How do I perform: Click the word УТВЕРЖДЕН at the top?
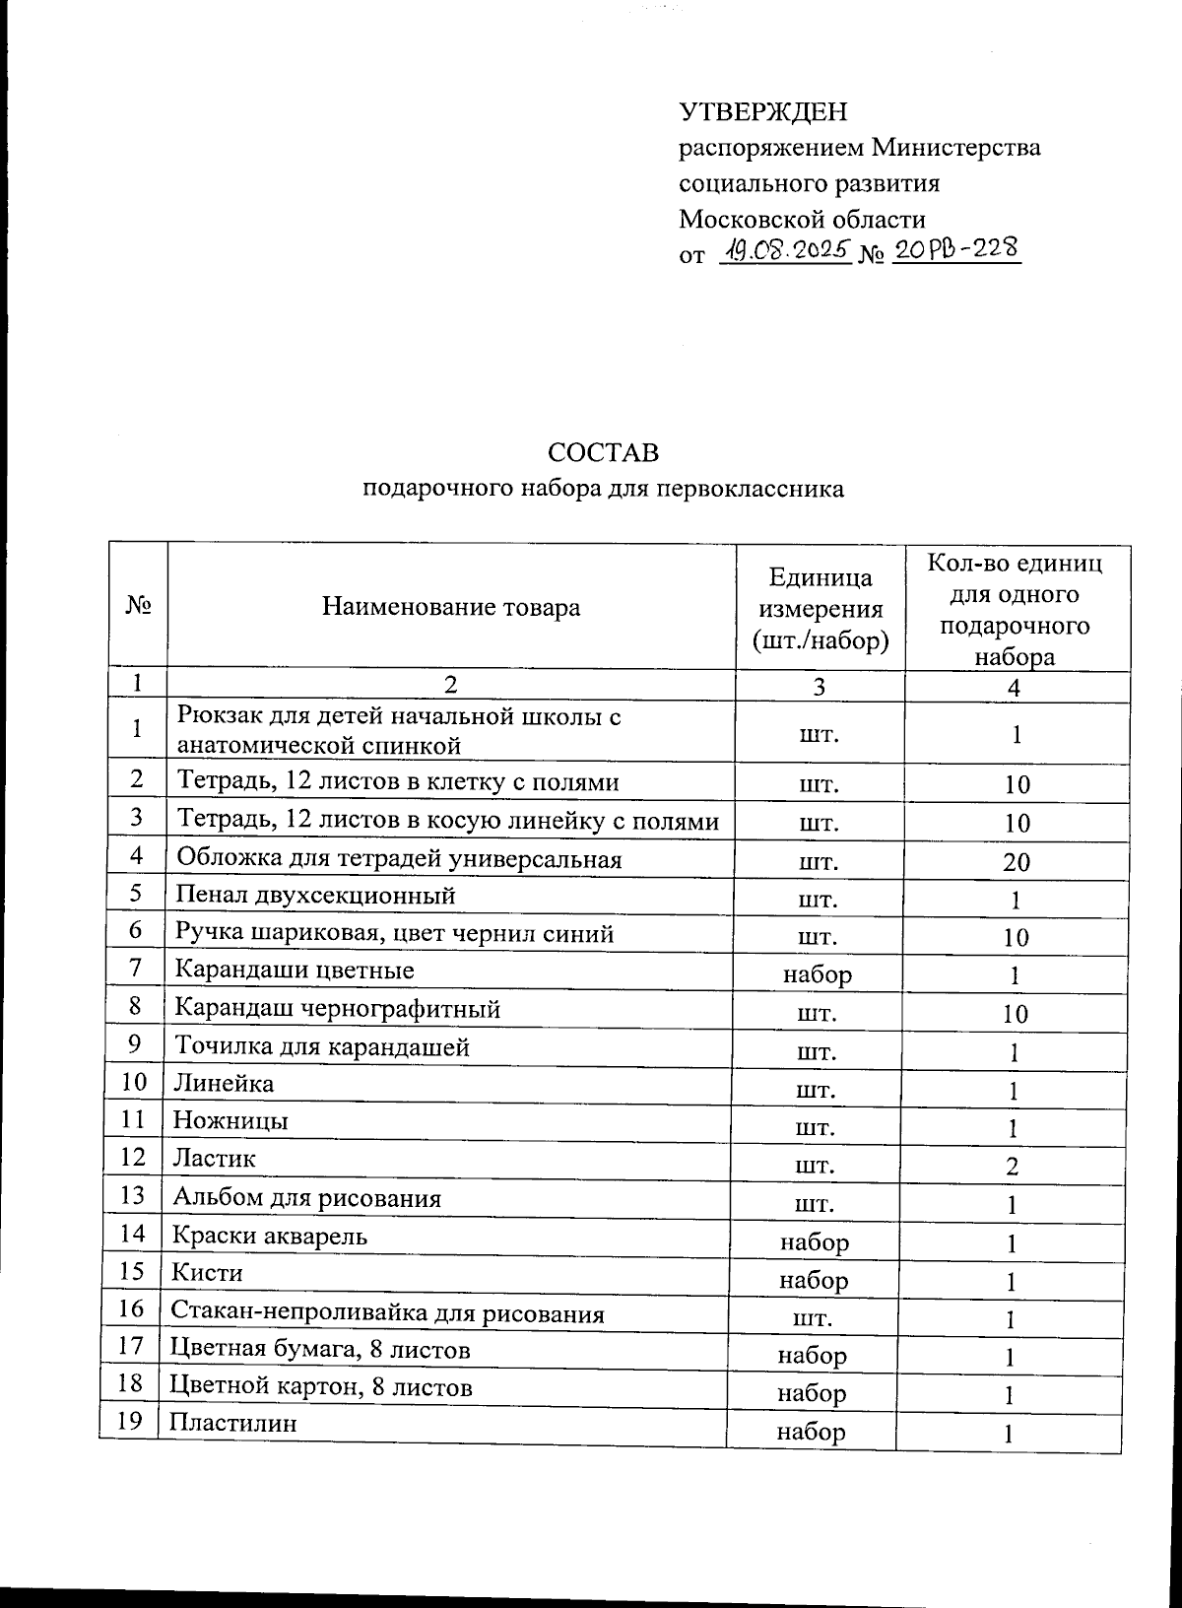click(762, 112)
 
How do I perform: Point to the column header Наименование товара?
click(451, 607)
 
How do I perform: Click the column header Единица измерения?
click(820, 609)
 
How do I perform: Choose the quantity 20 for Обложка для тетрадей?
click(1017, 863)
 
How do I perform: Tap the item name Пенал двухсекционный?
click(315, 896)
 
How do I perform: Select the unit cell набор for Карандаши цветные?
click(817, 974)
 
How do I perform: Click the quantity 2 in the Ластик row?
click(1012, 1168)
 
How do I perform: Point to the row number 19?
click(131, 1421)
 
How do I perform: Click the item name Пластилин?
click(219, 1424)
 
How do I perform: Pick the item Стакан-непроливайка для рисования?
click(387, 1312)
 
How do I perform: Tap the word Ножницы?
click(230, 1120)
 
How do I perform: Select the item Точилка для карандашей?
click(321, 1046)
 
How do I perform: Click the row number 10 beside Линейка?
click(134, 1082)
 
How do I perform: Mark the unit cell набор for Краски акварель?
click(814, 1242)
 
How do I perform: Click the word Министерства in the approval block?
click(956, 148)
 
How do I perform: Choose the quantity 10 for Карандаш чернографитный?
click(1016, 1015)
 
